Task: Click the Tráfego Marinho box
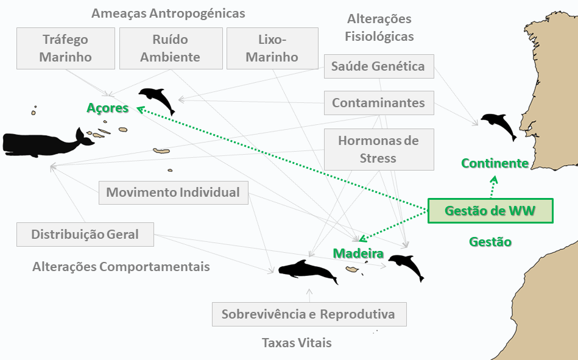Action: [66, 48]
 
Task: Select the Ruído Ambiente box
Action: [171, 48]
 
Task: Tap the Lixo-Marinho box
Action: [272, 48]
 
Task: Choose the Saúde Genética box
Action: [379, 66]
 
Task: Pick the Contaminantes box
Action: [379, 103]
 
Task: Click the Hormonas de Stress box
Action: [379, 149]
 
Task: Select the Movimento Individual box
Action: [173, 192]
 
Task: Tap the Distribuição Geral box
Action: [85, 235]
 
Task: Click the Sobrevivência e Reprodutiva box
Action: [309, 314]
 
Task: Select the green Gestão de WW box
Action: [490, 211]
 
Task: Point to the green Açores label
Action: [108, 108]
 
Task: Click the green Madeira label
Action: [358, 253]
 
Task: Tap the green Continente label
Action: [495, 163]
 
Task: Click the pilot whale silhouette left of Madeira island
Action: [308, 272]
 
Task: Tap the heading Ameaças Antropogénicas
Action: [168, 13]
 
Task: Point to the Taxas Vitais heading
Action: [297, 343]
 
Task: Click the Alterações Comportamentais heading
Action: [121, 267]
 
